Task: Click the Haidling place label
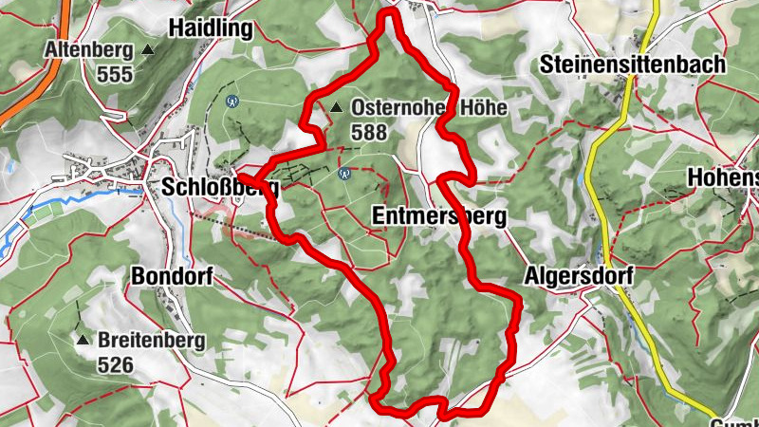[x=211, y=28]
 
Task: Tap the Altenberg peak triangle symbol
[x=148, y=49]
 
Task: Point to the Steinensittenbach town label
[x=632, y=65]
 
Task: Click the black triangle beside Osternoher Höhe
[x=336, y=108]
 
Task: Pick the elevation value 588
[x=368, y=133]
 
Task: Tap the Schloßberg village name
[x=220, y=186]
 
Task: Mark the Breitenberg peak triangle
[x=83, y=340]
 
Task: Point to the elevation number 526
[x=115, y=363]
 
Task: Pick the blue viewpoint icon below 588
[x=345, y=173]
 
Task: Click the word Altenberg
[x=89, y=49]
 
